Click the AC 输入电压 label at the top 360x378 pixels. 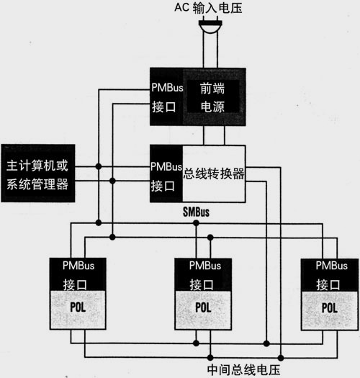(208, 8)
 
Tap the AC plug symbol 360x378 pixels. (210, 26)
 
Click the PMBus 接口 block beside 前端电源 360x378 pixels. (166, 96)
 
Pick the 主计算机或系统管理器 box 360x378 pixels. (38, 173)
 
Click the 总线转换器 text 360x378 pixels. (214, 174)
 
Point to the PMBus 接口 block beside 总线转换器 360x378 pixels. (166, 174)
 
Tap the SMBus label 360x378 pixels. (196, 212)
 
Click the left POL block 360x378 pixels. (78, 310)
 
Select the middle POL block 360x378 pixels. (203, 310)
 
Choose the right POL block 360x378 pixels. (330, 310)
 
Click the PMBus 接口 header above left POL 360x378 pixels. (78, 274)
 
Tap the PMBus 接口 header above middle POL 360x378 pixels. (203, 274)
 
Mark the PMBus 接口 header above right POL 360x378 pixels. (330, 275)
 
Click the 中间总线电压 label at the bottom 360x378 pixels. (243, 370)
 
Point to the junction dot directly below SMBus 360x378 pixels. (196, 223)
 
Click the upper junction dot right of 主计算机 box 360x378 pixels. (99, 166)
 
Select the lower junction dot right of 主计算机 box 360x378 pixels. (112, 181)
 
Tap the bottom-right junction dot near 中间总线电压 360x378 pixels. (281, 358)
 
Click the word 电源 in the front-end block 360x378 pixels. (212, 107)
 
